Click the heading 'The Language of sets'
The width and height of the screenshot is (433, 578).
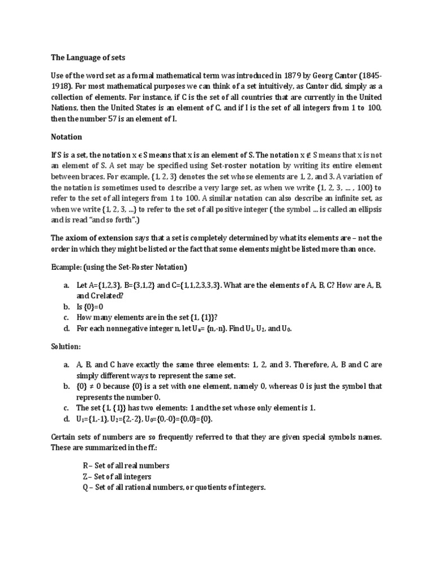tap(86, 57)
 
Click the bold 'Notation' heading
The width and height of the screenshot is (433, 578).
tap(67, 137)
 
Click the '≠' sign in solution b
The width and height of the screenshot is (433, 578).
tap(98, 386)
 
